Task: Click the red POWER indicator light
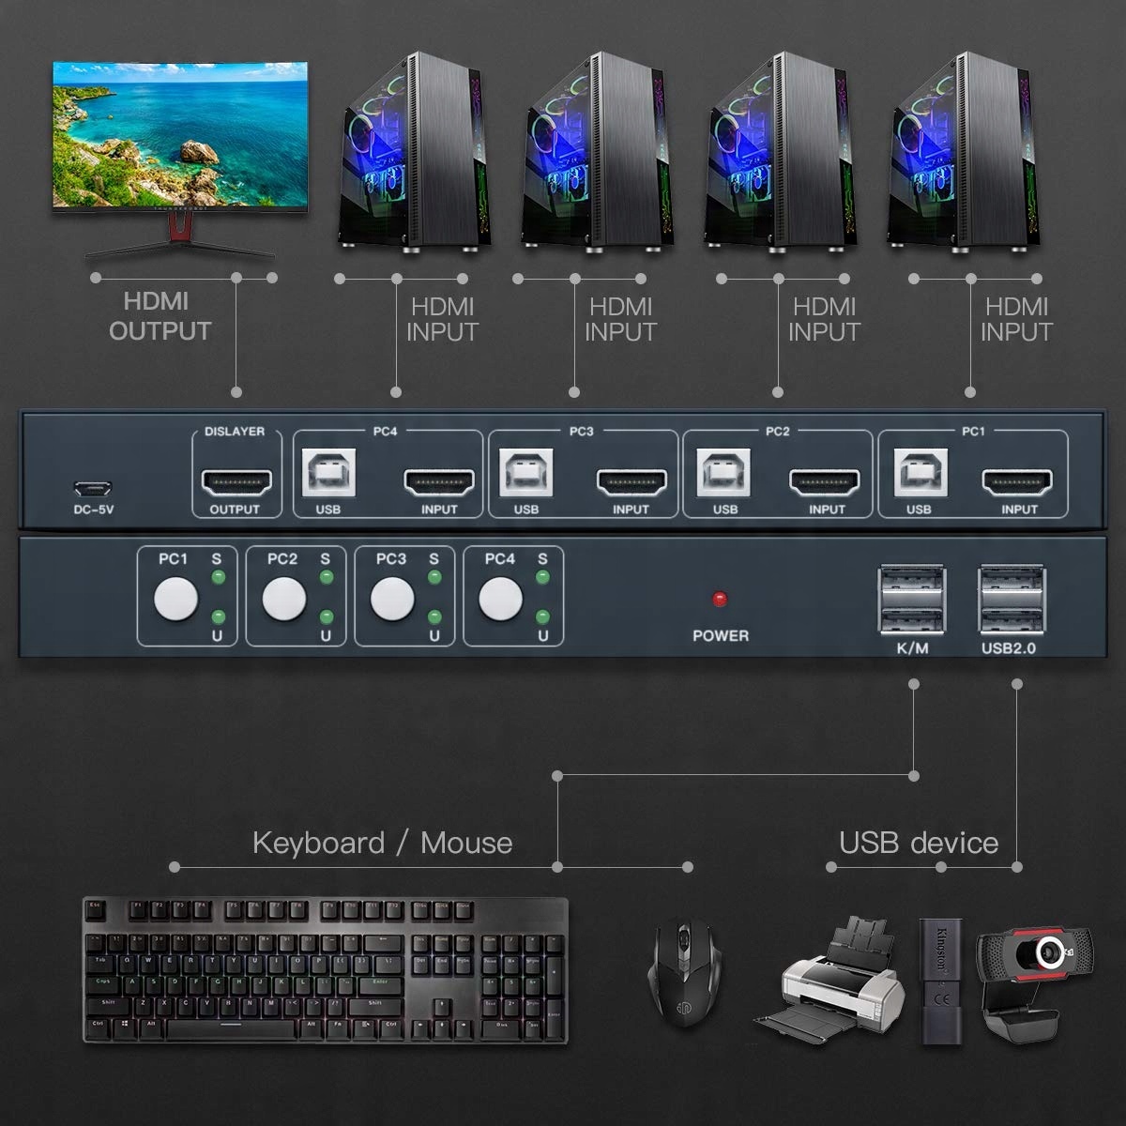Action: click(720, 599)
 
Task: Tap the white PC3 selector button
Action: click(391, 599)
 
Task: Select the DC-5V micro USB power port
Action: click(94, 488)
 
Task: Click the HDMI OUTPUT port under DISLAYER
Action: click(236, 482)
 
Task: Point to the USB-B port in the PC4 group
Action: click(328, 473)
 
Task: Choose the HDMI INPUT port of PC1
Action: click(1017, 482)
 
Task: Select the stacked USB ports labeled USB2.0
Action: click(1011, 601)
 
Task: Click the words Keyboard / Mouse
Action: click(382, 843)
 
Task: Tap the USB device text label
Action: click(918, 842)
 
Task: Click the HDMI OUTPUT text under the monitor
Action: click(160, 316)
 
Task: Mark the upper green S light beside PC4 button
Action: click(542, 578)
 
